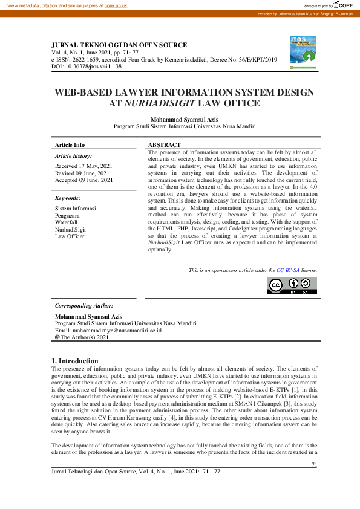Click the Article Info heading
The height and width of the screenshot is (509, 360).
(x=70, y=145)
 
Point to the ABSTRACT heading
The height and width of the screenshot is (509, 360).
(x=164, y=145)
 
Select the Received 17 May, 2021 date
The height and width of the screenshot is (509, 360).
(x=83, y=166)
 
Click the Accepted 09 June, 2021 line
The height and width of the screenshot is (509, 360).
(x=84, y=180)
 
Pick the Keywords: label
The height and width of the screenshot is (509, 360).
(x=68, y=198)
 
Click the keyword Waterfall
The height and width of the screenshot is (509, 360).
(x=67, y=222)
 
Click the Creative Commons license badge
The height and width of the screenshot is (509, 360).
(x=292, y=285)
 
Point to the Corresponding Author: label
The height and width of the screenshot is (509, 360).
(x=84, y=306)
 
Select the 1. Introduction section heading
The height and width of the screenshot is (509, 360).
(x=75, y=361)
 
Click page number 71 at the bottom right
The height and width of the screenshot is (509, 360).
(x=314, y=465)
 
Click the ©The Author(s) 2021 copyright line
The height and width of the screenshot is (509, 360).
(x=82, y=337)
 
